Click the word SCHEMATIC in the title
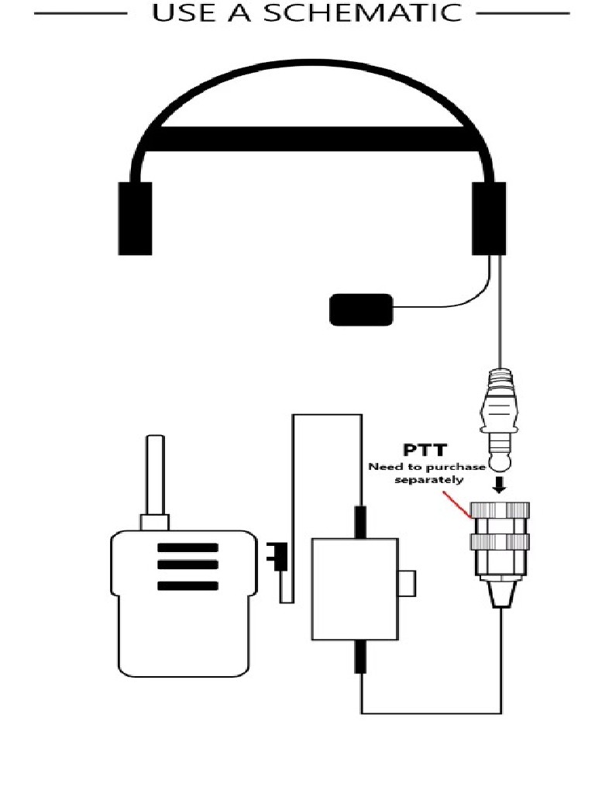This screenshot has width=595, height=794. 363,12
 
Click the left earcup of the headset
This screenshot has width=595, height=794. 135,218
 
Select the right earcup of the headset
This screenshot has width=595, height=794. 489,218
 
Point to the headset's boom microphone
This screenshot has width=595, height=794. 361,310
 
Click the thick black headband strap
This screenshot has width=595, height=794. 313,139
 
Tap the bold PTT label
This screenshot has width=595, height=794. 425,450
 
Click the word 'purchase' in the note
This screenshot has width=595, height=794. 455,467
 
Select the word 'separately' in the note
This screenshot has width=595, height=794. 429,479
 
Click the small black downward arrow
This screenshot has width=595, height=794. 500,485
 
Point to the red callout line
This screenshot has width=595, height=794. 457,504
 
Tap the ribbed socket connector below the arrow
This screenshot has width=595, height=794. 500,554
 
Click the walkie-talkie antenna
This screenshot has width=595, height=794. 155,475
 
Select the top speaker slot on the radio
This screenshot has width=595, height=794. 187,547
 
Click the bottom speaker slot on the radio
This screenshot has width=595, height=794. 187,586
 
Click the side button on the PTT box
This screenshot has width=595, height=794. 408,583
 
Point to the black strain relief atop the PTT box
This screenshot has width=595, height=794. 360,522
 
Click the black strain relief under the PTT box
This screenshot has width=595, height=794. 360,657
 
